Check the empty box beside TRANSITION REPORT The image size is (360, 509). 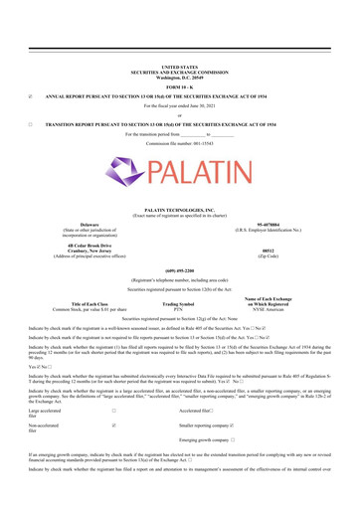click(x=31, y=125)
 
